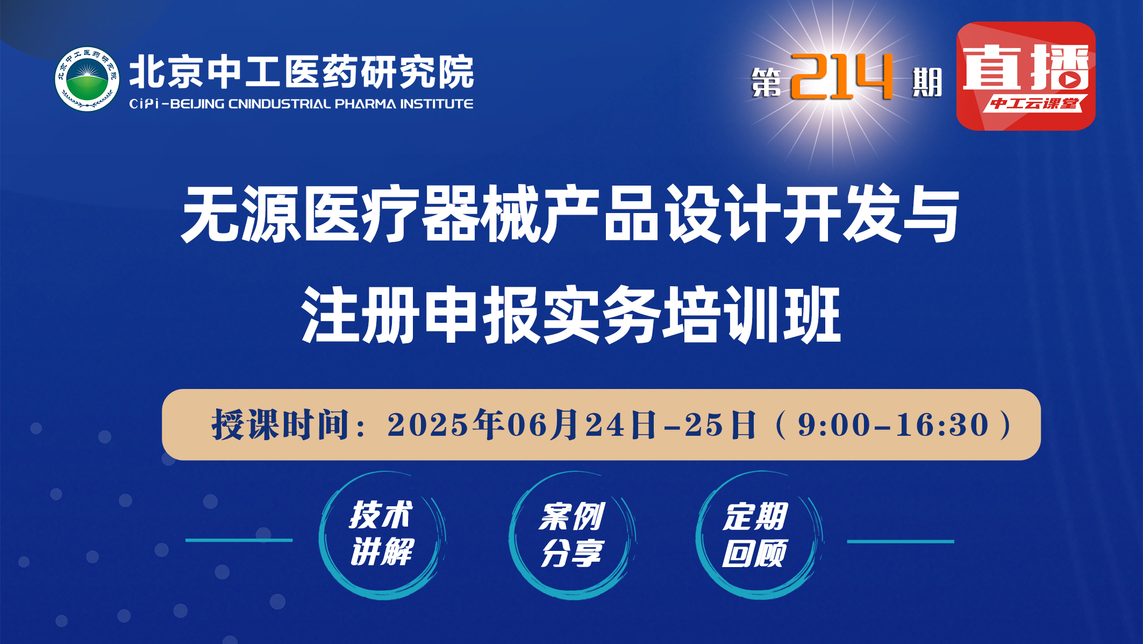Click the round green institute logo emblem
coord(87,79)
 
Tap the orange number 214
coord(841,77)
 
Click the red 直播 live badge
coord(1025,76)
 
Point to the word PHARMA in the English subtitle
coord(365,104)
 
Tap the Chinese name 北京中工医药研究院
coord(301,72)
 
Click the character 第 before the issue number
coord(766,83)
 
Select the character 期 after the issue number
coord(927,83)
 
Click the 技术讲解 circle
coord(382,535)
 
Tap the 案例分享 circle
coord(572,535)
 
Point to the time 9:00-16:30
coord(893,425)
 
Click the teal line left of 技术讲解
coord(239,540)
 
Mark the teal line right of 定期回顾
coord(901,542)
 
